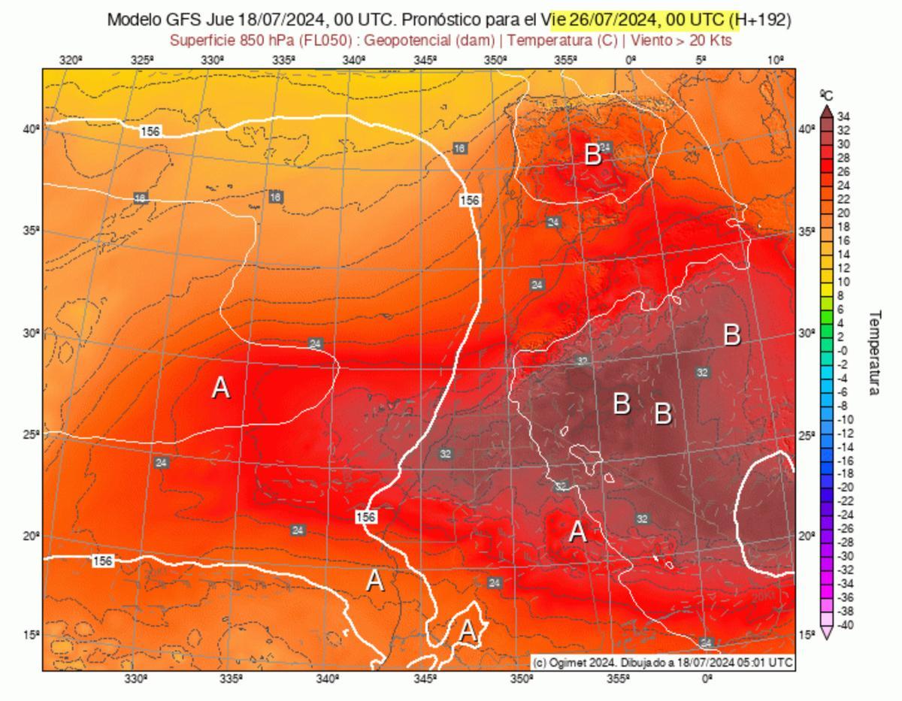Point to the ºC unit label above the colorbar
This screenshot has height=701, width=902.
(826, 95)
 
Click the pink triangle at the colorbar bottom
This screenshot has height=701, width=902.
(826, 633)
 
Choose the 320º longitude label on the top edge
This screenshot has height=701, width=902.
(71, 60)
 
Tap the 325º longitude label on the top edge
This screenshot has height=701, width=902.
(142, 60)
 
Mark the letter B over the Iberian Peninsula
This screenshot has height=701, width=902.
(593, 156)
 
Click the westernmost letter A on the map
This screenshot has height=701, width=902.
(220, 388)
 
